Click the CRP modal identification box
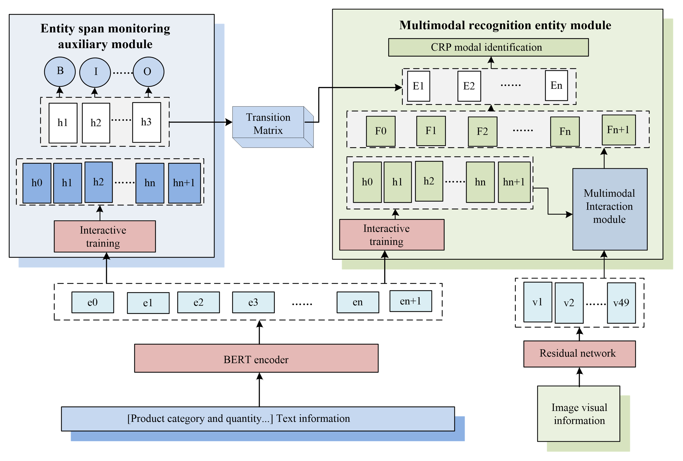point(488,47)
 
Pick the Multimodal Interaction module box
point(610,209)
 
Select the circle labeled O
point(148,72)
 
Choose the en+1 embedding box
point(411,301)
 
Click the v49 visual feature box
point(621,303)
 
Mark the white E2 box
point(469,86)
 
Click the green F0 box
point(381,131)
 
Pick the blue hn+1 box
point(184,183)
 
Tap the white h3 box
point(146,122)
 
